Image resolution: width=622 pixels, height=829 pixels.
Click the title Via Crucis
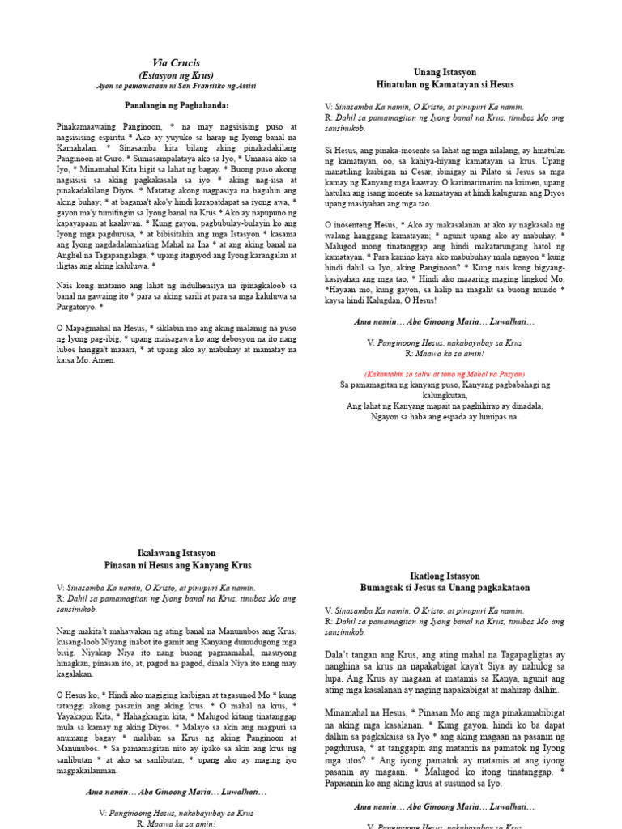pyautogui.click(x=176, y=62)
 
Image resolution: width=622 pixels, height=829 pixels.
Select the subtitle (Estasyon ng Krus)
pyautogui.click(x=176, y=75)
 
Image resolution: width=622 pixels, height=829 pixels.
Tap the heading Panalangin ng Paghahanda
pyautogui.click(x=177, y=106)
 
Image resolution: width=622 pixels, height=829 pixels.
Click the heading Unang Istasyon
pyautogui.click(x=445, y=72)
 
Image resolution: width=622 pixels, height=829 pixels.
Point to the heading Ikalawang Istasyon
pyautogui.click(x=176, y=553)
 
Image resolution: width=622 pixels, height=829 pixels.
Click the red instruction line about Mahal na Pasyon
pyautogui.click(x=445, y=374)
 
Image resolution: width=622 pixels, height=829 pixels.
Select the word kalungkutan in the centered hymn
pyautogui.click(x=445, y=396)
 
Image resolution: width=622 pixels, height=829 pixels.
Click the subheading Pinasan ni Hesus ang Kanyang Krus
pyautogui.click(x=176, y=564)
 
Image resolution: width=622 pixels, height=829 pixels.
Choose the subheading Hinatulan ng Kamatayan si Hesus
pyautogui.click(x=445, y=84)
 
